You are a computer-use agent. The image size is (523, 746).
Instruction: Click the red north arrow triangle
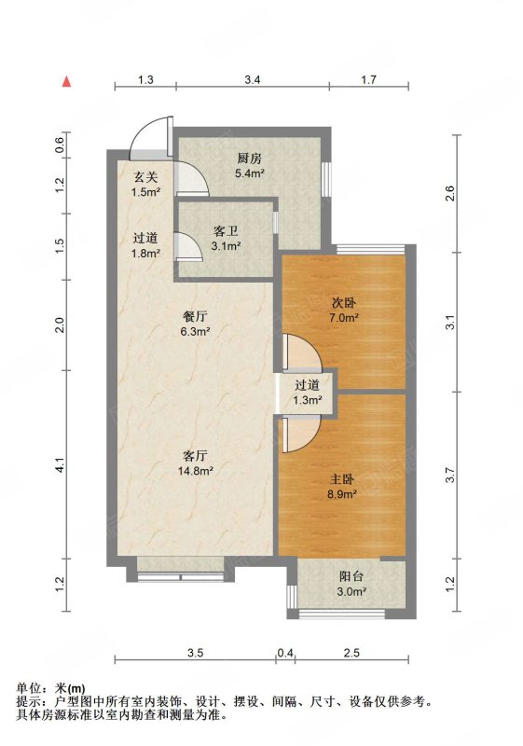67,81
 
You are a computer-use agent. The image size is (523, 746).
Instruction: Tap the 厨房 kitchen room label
249,159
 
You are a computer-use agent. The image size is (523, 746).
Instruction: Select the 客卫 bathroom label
226,231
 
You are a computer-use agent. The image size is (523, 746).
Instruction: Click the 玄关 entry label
145,177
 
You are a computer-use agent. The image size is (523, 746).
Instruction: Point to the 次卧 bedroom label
343,302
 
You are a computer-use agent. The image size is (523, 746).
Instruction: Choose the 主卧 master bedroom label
341,479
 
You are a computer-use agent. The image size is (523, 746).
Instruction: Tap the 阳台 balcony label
351,576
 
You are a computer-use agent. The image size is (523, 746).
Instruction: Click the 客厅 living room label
196,456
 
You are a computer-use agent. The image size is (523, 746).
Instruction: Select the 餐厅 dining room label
196,316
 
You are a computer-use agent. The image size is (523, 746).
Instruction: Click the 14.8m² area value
196,471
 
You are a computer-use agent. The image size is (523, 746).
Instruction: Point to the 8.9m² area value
342,494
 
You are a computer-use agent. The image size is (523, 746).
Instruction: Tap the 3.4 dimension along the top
253,79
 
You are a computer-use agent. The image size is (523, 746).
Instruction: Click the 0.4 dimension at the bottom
285,653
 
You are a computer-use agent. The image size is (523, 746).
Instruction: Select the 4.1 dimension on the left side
60,464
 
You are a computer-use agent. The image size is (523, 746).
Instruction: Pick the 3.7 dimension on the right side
450,476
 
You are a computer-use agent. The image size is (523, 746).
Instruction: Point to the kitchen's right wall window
326,179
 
